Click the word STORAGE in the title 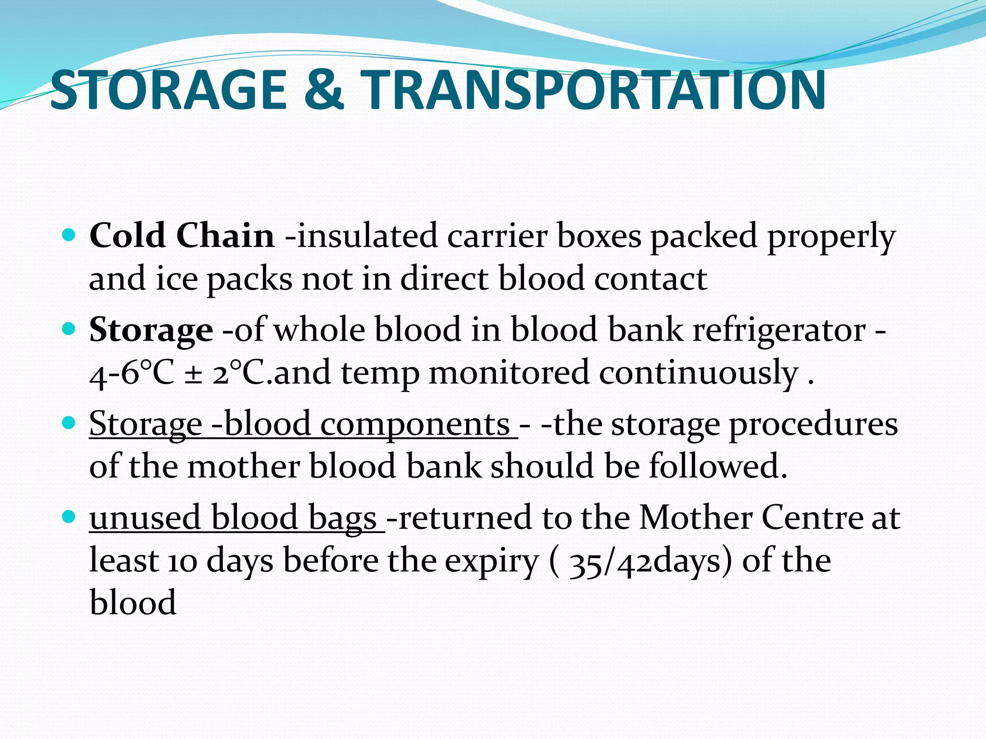click(x=169, y=90)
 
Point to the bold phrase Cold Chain click(x=182, y=236)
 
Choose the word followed click(x=717, y=466)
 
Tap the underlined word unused click(x=145, y=518)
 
